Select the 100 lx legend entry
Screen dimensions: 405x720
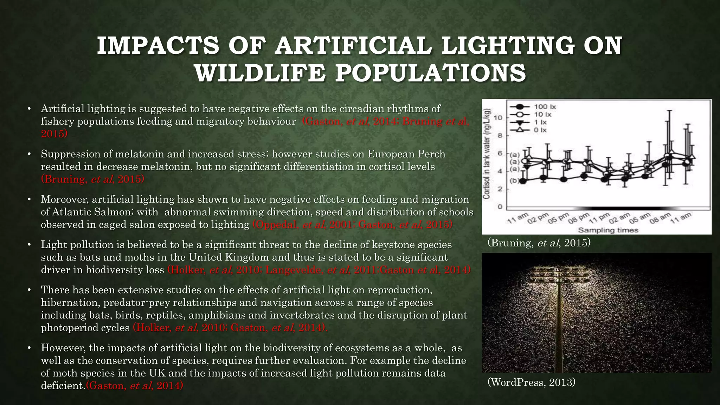(545, 107)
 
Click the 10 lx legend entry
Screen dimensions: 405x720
(543, 114)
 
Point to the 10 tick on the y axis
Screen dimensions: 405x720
(498, 117)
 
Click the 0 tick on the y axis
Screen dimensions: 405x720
(500, 207)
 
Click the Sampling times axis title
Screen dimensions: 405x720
(608, 230)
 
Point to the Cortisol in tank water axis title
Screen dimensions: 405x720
(487, 154)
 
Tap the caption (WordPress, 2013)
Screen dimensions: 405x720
(531, 382)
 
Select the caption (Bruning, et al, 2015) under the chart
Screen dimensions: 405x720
(539, 243)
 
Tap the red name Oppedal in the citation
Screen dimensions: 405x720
(276, 224)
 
